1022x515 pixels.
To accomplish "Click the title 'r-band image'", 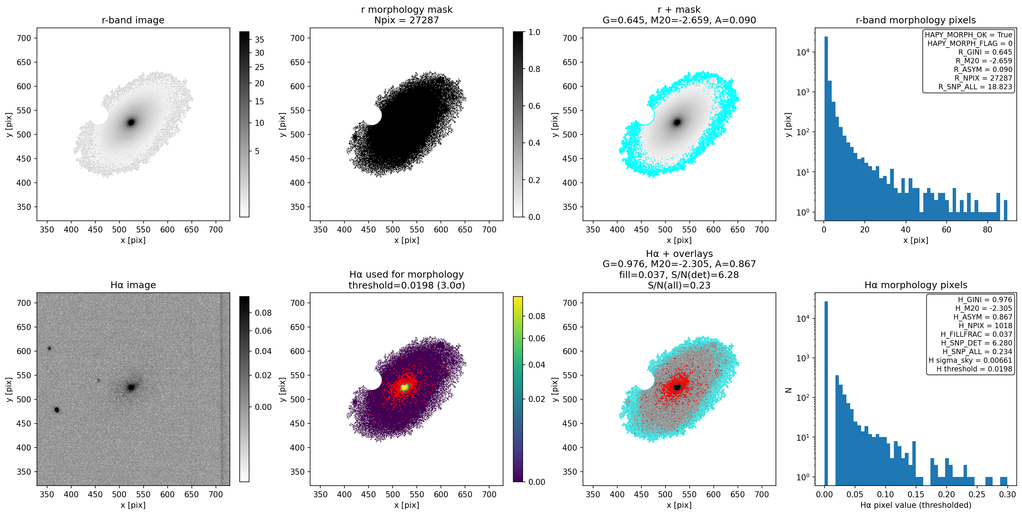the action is click(133, 20).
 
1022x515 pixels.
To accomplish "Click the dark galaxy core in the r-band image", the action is click(131, 122).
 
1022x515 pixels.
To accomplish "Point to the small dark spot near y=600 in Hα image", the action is click(50, 348).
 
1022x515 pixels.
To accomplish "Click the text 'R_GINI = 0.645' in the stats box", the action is click(985, 52).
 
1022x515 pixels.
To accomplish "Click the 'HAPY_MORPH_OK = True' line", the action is click(968, 35).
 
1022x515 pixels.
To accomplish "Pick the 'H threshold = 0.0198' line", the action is click(975, 369).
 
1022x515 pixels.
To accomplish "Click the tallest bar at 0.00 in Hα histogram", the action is click(826, 393).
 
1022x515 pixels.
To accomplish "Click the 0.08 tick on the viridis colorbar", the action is click(536, 316).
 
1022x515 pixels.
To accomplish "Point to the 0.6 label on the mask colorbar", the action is click(534, 106).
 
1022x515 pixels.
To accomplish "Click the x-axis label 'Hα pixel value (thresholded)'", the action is click(916, 505).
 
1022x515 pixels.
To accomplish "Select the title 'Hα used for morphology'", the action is click(406, 275).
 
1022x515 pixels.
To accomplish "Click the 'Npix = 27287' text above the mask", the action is click(406, 20).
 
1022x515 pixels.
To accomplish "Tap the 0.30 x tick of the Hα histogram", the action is click(1007, 494).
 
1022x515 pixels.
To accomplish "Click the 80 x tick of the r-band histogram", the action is click(987, 229).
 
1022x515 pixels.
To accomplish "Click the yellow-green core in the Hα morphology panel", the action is click(404, 387).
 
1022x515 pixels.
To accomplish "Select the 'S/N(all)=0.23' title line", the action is click(679, 285).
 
